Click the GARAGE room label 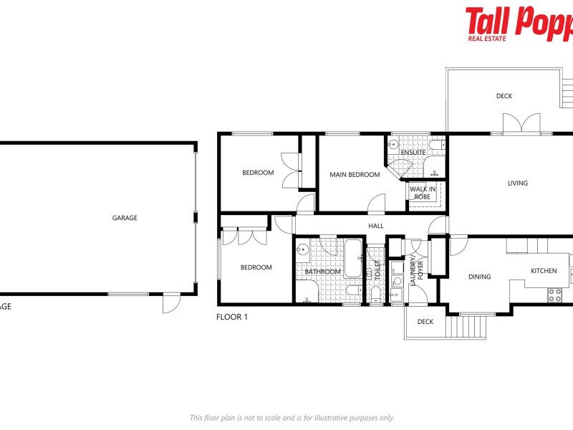tap(124, 218)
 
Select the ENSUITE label tap(413, 153)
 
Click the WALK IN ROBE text tap(422, 193)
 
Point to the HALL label tap(376, 226)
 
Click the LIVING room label tap(517, 183)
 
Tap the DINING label tap(479, 277)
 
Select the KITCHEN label tap(543, 271)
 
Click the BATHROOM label tap(322, 272)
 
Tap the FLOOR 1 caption tap(231, 316)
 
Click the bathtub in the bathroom tap(353, 258)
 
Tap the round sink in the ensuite tap(393, 145)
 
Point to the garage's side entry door tap(171, 304)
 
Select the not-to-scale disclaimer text tap(292, 418)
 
